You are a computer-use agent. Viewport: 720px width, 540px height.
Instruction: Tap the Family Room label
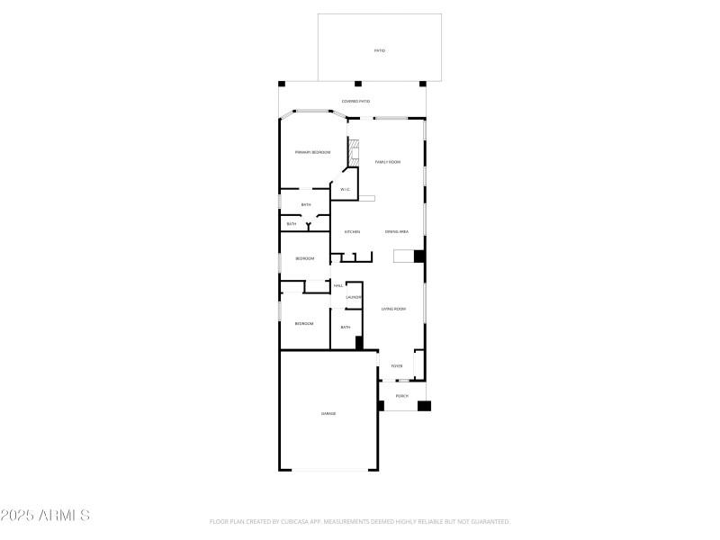(x=388, y=162)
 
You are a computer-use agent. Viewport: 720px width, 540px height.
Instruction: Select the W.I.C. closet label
(x=345, y=190)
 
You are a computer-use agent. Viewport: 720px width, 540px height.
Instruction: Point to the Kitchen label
(x=352, y=232)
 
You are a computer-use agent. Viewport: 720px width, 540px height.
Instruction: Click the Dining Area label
(x=397, y=232)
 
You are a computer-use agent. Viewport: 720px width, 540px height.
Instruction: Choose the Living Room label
(x=393, y=310)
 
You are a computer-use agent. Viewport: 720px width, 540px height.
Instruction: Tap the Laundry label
(x=354, y=297)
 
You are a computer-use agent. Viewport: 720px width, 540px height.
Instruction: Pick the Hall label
(x=338, y=285)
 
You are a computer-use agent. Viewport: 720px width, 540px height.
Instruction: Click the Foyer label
(x=396, y=366)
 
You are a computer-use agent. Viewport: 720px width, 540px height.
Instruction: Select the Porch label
(x=402, y=396)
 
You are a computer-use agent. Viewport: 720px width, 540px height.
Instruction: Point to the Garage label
(x=328, y=414)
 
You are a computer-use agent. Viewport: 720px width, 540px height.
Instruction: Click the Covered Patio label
(x=355, y=102)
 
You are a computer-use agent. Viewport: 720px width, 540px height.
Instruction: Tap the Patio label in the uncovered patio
(x=380, y=50)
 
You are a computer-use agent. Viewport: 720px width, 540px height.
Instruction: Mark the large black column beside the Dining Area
(x=418, y=256)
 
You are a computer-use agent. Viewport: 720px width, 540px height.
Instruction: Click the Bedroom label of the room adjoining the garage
(x=304, y=324)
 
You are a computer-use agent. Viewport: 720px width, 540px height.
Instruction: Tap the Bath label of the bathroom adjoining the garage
(x=346, y=327)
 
